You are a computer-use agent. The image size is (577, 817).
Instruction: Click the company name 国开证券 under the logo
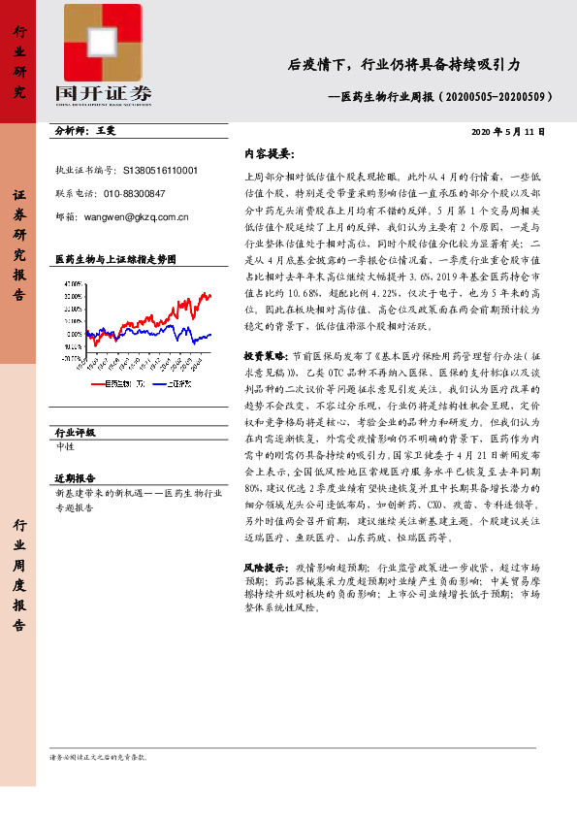click(x=104, y=94)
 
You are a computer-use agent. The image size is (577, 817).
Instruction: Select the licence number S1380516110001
click(x=161, y=169)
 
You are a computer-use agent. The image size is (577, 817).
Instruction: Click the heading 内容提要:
click(x=269, y=153)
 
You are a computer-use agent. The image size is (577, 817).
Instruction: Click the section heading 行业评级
click(x=76, y=432)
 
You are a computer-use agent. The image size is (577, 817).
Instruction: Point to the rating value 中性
click(x=66, y=446)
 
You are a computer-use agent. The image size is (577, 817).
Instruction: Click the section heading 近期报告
click(x=76, y=478)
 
